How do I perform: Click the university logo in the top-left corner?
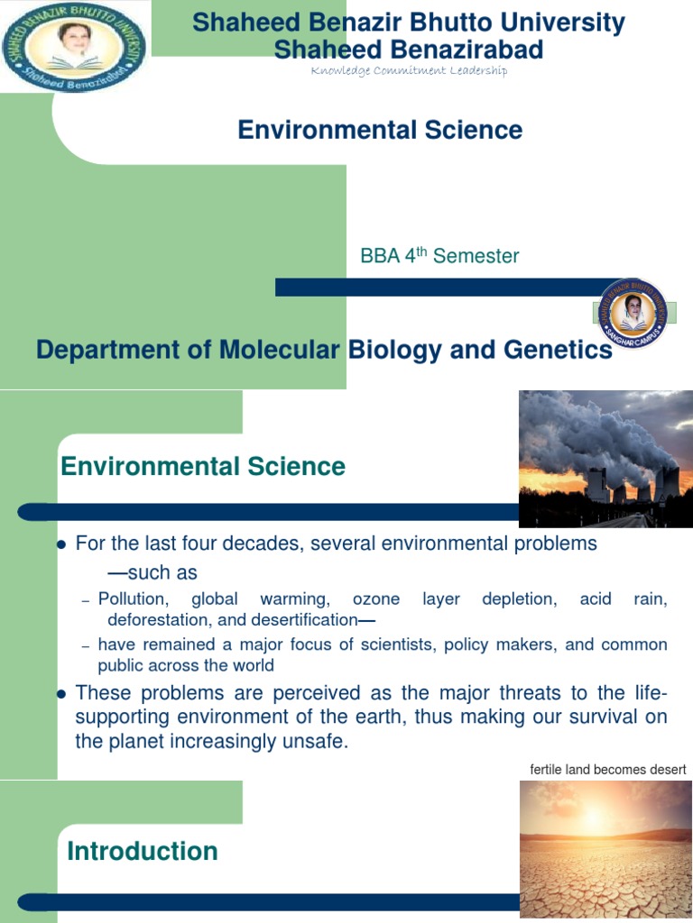75,46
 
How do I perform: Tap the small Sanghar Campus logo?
633,314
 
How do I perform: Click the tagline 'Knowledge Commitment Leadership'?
409,70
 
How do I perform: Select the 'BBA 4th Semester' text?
439,256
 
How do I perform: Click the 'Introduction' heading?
143,851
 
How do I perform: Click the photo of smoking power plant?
605,458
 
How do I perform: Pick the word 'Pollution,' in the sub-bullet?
133,599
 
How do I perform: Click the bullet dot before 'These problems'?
62,694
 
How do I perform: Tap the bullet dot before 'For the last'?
62,545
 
